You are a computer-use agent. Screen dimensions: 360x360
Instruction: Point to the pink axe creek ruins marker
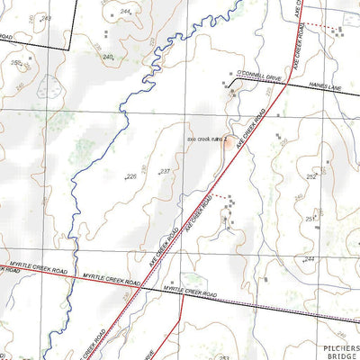[230, 142]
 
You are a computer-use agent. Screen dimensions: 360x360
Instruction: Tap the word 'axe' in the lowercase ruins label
[191, 139]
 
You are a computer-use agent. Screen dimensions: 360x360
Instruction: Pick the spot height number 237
[165, 171]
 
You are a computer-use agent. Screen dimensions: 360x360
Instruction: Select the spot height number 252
[311, 177]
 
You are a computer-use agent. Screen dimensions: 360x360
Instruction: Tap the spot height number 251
[310, 219]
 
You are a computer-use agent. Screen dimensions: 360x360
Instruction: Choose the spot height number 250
[16, 62]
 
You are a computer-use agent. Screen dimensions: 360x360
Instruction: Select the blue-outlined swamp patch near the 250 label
[52, 88]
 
